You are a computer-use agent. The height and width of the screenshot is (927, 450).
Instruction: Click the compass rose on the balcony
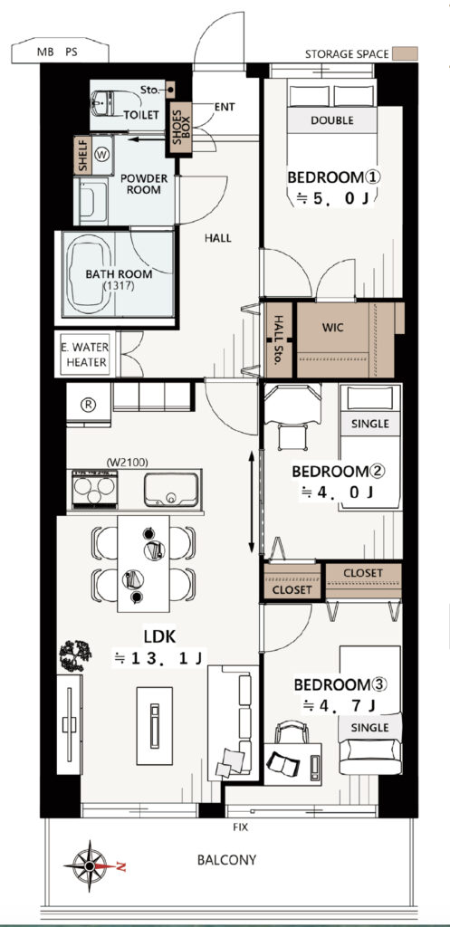point(89,865)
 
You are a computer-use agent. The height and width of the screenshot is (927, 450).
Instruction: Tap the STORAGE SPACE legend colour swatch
point(406,53)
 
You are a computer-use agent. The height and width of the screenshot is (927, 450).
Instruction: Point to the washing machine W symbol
point(102,155)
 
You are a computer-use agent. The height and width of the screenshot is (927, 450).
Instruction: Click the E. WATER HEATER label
point(84,355)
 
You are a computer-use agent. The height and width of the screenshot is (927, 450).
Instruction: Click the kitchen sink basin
point(171,489)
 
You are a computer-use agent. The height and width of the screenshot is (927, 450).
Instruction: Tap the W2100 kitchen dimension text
point(127,462)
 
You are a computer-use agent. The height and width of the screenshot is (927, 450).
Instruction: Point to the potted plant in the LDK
point(75,655)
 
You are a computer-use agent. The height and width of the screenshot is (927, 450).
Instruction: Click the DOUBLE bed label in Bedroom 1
point(331,120)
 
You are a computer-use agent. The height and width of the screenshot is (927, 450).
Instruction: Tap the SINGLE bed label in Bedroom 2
point(370,424)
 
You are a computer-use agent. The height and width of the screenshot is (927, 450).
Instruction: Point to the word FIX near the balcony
point(240,827)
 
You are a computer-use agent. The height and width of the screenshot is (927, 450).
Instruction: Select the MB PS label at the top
point(57,52)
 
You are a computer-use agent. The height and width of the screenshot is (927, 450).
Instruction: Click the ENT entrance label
point(225,107)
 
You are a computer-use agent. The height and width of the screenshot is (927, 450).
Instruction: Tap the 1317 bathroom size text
point(119,285)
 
